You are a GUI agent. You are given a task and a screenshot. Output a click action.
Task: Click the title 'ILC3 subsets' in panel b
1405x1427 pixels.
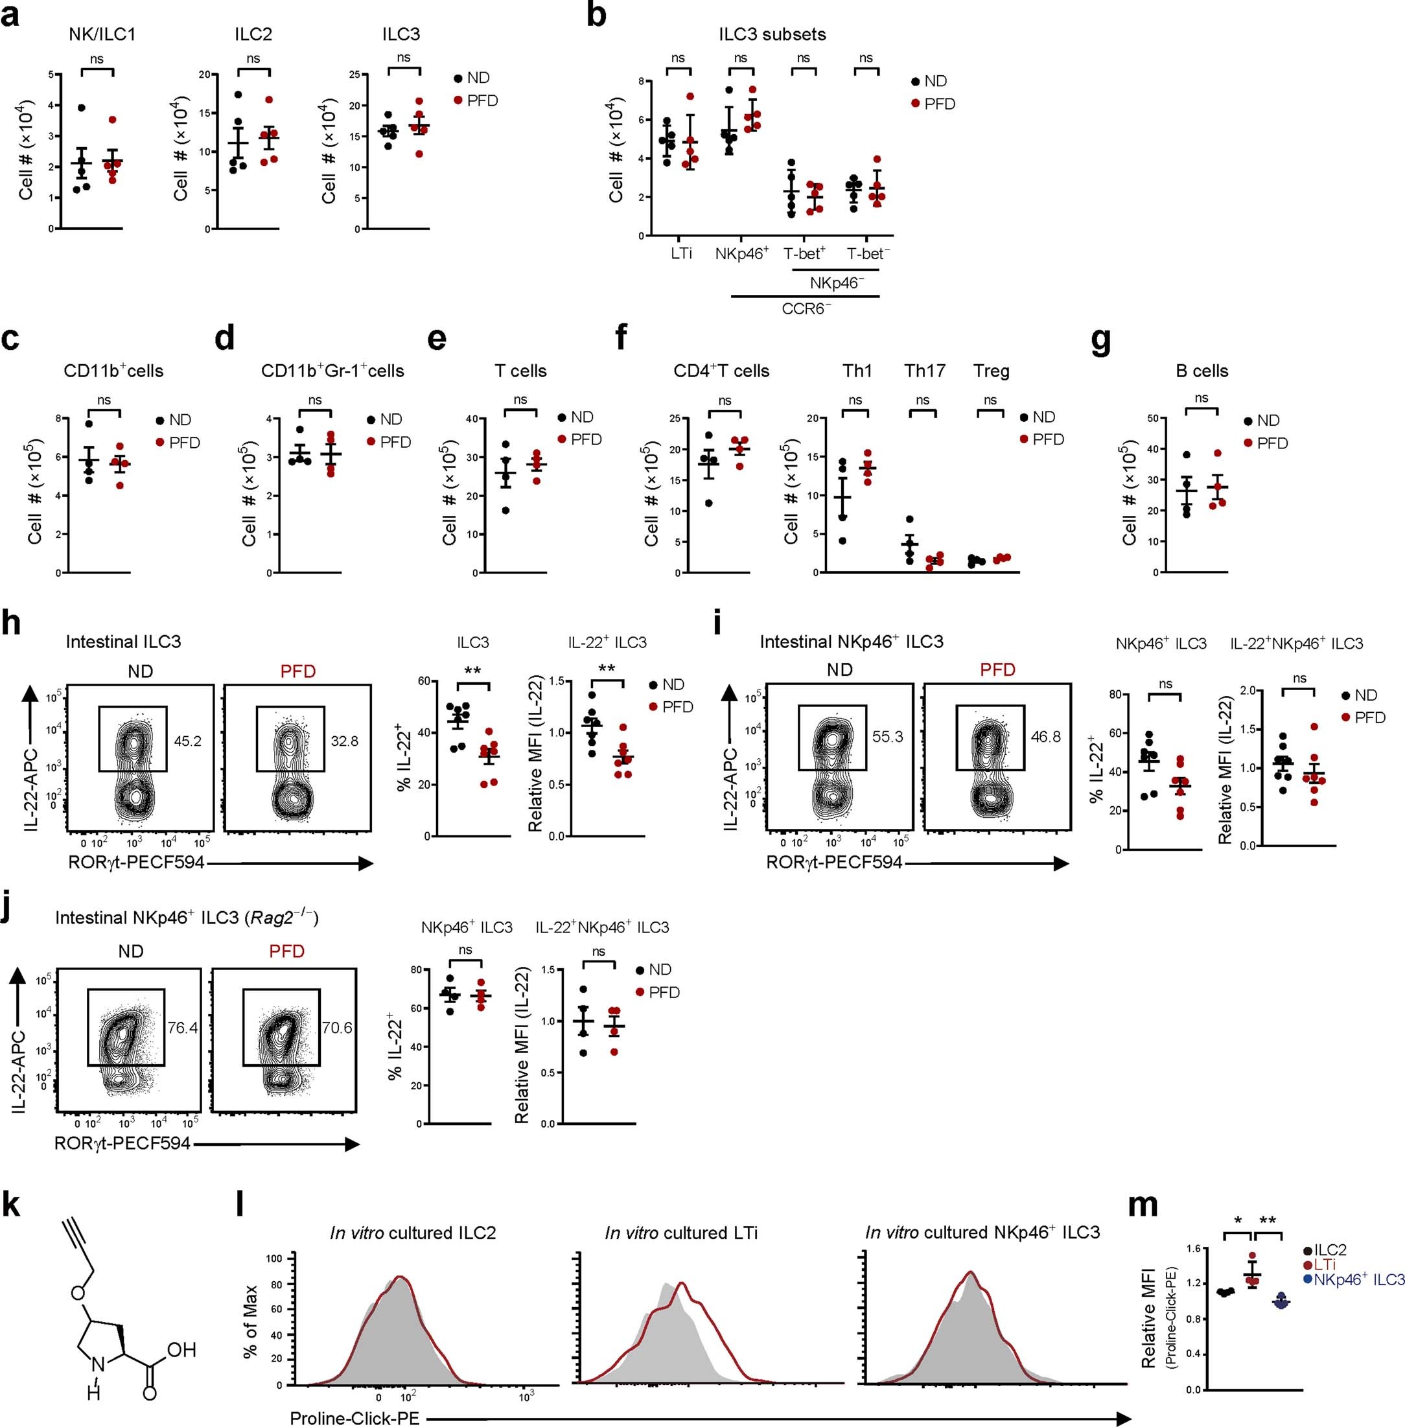(772, 35)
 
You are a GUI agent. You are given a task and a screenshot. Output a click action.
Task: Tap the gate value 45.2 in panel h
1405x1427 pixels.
(187, 741)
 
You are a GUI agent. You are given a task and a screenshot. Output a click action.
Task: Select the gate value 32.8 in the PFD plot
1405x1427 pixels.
(345, 741)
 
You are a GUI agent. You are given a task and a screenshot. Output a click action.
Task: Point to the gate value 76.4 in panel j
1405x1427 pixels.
(182, 1027)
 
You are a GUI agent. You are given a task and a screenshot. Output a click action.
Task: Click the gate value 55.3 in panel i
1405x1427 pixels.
(887, 736)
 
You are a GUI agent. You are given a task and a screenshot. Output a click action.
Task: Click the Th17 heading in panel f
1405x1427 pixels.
(925, 371)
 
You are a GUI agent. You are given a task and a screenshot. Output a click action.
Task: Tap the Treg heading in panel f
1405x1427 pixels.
(991, 371)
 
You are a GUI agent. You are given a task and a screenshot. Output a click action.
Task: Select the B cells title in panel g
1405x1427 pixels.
(1202, 371)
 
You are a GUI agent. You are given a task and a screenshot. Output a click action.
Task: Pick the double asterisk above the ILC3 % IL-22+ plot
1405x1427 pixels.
(473, 671)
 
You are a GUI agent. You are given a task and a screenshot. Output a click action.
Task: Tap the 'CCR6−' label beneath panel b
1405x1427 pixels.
(806, 308)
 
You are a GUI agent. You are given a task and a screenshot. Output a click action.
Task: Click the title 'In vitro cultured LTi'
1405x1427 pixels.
(680, 1233)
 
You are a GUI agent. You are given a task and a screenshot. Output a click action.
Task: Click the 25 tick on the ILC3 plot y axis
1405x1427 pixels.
(354, 75)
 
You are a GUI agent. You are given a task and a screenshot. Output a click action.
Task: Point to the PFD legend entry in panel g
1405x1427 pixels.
(1272, 443)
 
